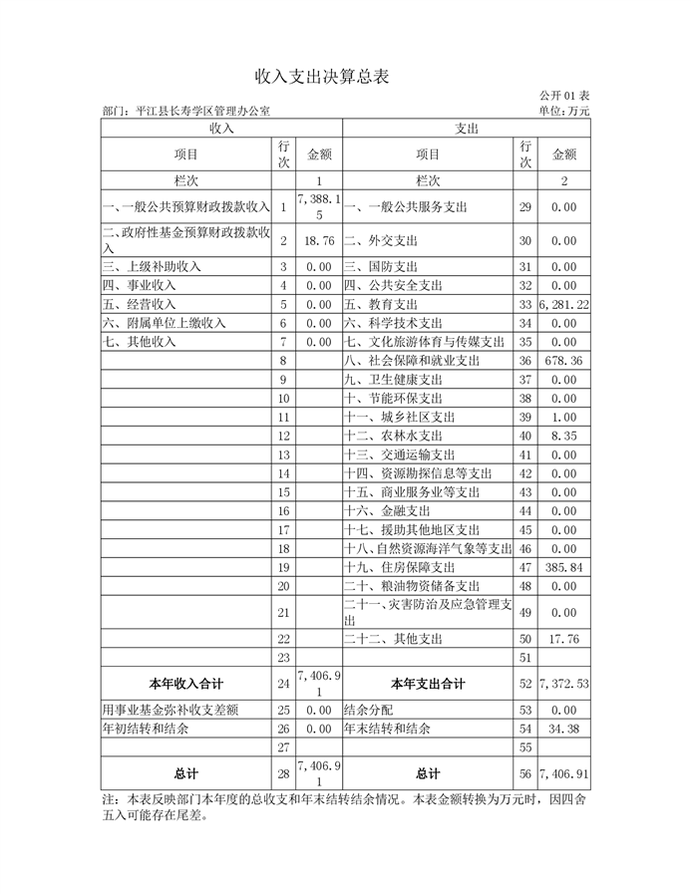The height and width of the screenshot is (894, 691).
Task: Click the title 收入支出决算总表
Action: click(x=321, y=76)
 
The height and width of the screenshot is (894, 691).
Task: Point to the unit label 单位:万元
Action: click(x=563, y=112)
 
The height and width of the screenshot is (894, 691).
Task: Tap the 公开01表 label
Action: click(x=563, y=96)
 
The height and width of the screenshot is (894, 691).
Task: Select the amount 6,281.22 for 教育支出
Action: click(x=563, y=304)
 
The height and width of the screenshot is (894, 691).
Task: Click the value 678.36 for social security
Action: click(x=564, y=360)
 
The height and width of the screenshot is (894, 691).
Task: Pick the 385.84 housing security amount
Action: click(x=564, y=566)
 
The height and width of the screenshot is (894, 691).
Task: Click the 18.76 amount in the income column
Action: click(x=319, y=241)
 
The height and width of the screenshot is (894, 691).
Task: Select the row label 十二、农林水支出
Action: click(x=393, y=436)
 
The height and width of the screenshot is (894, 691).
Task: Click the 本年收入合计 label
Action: click(x=185, y=685)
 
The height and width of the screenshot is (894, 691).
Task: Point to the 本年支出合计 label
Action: click(x=428, y=685)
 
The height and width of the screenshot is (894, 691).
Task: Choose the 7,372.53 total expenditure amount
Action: click(x=563, y=685)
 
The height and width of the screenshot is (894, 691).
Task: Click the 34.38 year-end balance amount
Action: click(x=564, y=729)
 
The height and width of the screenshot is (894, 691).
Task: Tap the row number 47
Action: click(x=525, y=566)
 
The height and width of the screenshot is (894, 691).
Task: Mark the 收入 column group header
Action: click(x=221, y=129)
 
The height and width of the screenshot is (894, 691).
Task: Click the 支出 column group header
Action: click(x=467, y=129)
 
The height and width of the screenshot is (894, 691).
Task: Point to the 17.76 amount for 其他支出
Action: click(x=564, y=639)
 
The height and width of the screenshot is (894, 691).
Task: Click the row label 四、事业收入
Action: click(x=140, y=285)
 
